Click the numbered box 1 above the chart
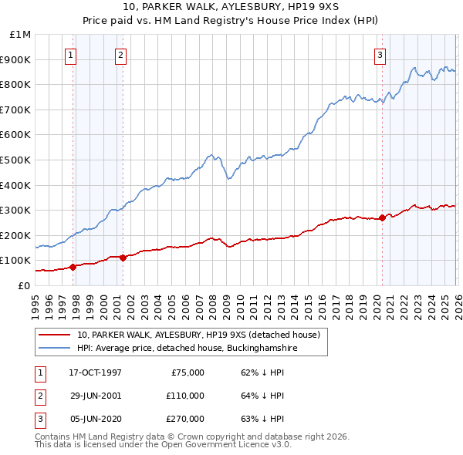point(71,55)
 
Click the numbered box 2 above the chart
point(121,55)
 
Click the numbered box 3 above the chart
point(380,55)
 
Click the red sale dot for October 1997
point(73,267)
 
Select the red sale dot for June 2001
point(123,258)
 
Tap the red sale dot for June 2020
point(383,217)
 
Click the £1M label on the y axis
point(21,35)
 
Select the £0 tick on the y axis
point(25,285)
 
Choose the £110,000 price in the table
point(184,396)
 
